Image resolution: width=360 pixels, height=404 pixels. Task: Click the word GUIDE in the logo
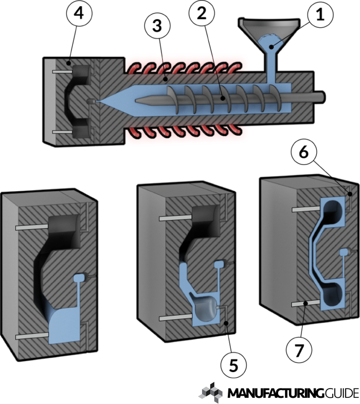click(341, 394)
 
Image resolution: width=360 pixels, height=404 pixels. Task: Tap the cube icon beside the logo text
click(211, 392)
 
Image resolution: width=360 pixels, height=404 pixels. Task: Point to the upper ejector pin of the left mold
click(32, 227)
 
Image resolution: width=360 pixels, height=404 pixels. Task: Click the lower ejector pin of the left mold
click(32, 337)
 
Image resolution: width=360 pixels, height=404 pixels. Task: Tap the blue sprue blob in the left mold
click(79, 278)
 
